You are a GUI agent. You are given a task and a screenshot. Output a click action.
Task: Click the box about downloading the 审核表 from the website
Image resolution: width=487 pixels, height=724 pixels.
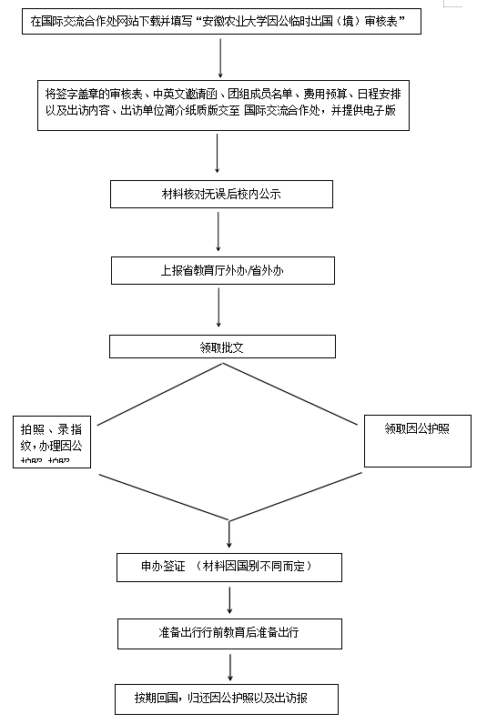221,20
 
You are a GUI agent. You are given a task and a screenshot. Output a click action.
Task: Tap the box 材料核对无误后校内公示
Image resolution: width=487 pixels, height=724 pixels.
221,195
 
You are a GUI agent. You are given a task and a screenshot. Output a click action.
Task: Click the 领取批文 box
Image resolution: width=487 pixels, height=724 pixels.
221,347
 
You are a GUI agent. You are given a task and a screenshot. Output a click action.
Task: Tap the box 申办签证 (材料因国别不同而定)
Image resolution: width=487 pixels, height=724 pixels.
228,567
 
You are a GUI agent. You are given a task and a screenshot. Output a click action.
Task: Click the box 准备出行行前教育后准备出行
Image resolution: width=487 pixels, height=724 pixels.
228,633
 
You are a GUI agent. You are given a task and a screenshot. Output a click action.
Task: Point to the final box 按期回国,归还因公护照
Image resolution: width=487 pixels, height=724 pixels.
228,699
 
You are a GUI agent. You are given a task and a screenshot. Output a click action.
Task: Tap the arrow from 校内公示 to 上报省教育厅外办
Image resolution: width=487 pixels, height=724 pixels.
218,233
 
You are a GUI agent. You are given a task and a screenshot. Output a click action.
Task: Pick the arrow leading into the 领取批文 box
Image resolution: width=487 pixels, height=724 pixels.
218,309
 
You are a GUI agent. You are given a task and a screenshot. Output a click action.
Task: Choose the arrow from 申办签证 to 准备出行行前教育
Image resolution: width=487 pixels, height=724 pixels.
228,600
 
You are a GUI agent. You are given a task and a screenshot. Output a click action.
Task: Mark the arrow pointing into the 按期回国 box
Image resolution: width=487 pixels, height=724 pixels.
228,667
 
